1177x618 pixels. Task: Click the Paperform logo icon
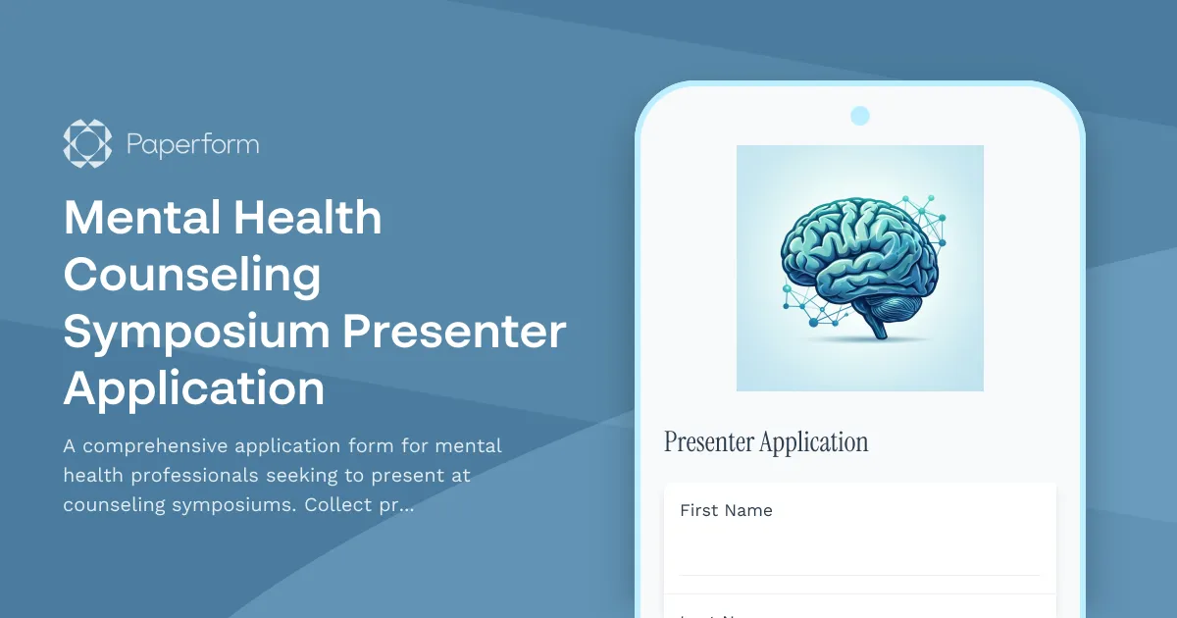click(x=87, y=143)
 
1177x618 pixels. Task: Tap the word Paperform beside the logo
click(x=192, y=145)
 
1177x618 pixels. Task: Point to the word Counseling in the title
click(x=192, y=276)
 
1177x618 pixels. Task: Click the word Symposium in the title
click(x=195, y=334)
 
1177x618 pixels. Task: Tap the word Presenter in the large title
click(x=454, y=333)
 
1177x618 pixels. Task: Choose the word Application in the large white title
click(x=194, y=389)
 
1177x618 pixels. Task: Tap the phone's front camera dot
click(x=860, y=116)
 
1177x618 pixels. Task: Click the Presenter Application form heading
click(x=766, y=442)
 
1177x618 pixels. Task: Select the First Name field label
click(x=726, y=510)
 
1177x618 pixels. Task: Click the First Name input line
click(x=859, y=559)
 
